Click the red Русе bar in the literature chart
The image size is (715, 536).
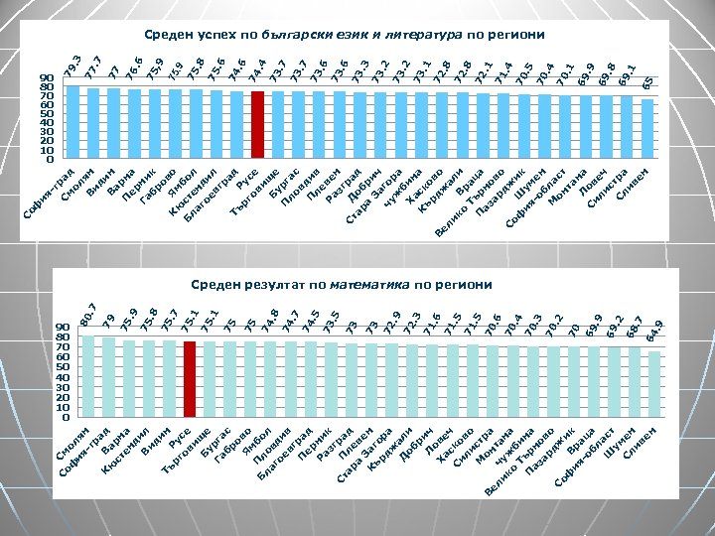(x=257, y=125)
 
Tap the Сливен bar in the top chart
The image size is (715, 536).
(x=647, y=129)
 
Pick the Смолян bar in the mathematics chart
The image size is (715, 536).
(x=88, y=377)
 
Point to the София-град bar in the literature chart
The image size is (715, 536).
(x=72, y=122)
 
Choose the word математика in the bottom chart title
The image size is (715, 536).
(x=368, y=285)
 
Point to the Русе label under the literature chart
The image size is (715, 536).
(x=250, y=183)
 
